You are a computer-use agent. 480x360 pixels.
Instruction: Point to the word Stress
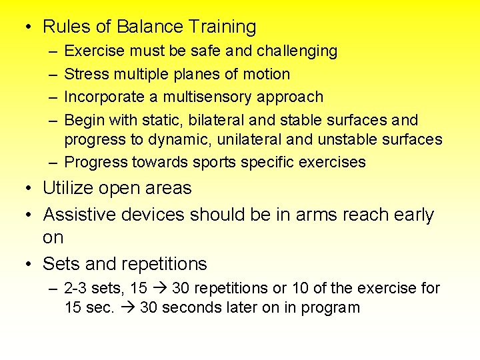tap(85, 74)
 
